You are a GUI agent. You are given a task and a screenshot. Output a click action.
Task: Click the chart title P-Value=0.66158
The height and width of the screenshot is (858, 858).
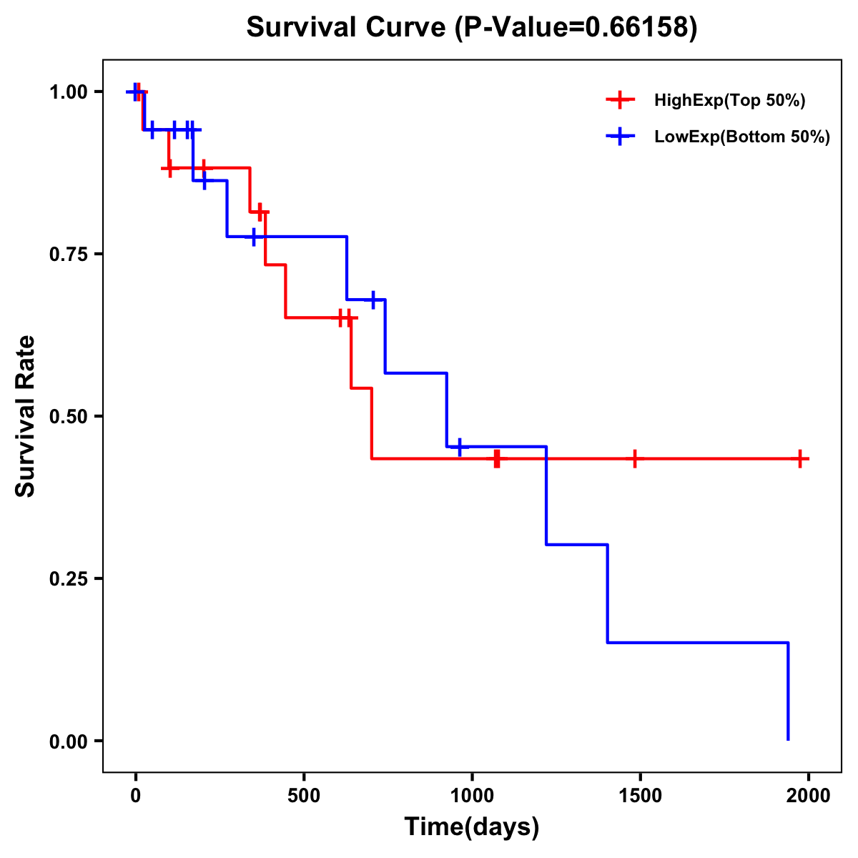coord(471,27)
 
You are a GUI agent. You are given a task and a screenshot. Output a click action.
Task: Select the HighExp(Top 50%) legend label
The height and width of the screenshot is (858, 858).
coord(729,101)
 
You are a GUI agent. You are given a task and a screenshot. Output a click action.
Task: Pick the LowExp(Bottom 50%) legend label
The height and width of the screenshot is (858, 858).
coord(742,137)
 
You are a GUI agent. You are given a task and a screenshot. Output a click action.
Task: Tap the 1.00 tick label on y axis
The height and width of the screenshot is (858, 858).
coord(69,92)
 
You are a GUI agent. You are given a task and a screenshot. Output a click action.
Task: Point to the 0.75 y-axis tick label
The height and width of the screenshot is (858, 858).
coord(69,255)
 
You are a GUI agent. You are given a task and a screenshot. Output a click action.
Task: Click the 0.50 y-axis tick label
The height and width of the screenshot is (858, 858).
coord(69,417)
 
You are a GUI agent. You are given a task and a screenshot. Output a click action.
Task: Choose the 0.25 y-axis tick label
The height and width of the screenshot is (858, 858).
coord(69,579)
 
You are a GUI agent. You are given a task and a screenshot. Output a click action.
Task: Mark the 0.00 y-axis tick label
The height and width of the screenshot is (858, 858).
coord(69,741)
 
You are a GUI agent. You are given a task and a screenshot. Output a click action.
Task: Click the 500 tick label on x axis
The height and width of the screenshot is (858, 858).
coord(304,797)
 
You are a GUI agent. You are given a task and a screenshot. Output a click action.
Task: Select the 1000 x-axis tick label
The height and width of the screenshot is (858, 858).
coord(472,797)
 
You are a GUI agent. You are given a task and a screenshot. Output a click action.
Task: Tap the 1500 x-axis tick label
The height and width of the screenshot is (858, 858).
coord(640,797)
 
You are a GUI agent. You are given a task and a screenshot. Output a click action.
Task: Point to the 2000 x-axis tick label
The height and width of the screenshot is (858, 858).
coord(808,797)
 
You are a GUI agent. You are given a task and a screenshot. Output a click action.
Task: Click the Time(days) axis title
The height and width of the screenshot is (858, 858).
coord(472,827)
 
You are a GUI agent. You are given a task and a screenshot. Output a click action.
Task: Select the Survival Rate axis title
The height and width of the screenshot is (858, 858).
coord(26,416)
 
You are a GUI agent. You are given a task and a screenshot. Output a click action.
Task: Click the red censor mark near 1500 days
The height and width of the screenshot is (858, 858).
coord(634,458)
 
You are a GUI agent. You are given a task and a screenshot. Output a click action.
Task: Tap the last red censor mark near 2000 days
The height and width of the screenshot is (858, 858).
coord(800,458)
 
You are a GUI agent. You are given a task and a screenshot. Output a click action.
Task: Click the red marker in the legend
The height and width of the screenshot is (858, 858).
coord(620,101)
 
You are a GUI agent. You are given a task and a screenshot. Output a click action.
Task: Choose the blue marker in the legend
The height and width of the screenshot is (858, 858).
coord(620,137)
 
